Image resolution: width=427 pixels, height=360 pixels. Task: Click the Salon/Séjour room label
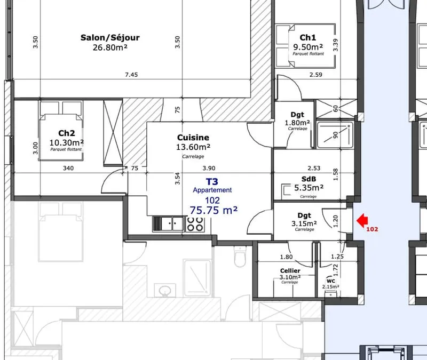[x=110, y=37]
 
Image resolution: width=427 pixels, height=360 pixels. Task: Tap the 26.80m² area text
[x=110, y=47]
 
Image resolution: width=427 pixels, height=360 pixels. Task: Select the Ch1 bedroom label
[x=308, y=37]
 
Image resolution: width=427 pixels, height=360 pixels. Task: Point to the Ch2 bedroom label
[x=66, y=133]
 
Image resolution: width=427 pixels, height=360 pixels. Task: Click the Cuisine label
[x=193, y=138]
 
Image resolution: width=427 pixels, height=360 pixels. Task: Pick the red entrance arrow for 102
[x=362, y=220]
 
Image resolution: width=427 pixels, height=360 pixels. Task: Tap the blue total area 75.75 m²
[x=213, y=210]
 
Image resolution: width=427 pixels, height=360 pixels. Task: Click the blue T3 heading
[x=212, y=181]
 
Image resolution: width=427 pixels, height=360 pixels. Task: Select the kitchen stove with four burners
[x=195, y=224]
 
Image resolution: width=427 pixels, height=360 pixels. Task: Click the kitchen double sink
[x=168, y=224]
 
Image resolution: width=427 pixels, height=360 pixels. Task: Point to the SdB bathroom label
[x=309, y=179]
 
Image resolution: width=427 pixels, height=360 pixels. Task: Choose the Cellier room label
[x=290, y=271]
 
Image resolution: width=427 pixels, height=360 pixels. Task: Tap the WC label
[x=330, y=281]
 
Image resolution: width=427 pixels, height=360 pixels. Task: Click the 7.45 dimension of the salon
[x=131, y=75]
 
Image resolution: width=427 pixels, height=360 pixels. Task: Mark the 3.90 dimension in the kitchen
[x=209, y=168]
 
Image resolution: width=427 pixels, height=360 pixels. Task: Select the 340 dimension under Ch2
[x=68, y=168]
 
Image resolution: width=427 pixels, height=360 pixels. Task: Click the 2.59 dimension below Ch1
[x=316, y=75]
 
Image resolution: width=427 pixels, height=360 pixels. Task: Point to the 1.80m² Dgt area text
[x=297, y=123]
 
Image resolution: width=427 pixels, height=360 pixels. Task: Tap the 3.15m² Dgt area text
[x=304, y=223]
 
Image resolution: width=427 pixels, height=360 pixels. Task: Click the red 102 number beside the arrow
[x=372, y=229]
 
